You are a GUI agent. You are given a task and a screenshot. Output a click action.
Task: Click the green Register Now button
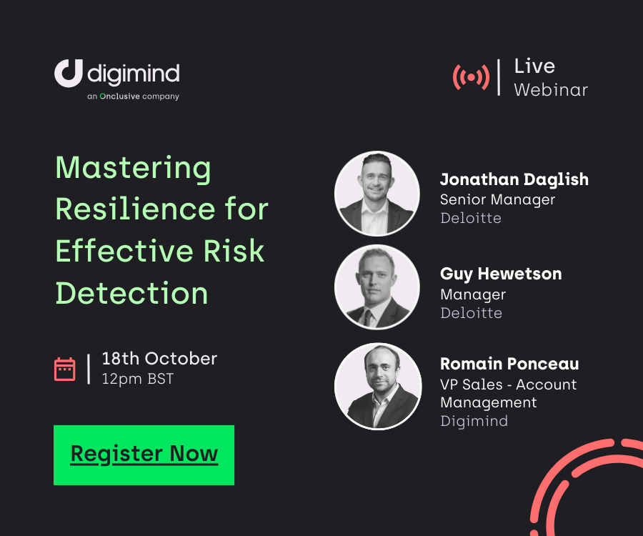pyautogui.click(x=144, y=455)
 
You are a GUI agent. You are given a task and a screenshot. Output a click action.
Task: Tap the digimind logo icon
pyautogui.click(x=69, y=74)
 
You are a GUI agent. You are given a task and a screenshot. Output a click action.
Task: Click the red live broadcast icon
pyautogui.click(x=471, y=77)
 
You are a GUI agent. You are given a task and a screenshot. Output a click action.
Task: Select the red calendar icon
pyautogui.click(x=65, y=369)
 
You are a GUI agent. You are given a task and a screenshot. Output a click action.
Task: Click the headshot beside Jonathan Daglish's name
pyautogui.click(x=377, y=193)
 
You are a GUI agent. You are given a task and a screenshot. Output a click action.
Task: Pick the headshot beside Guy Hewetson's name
pyautogui.click(x=377, y=287)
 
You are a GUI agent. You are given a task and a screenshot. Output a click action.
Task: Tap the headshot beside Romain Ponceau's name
pyautogui.click(x=377, y=386)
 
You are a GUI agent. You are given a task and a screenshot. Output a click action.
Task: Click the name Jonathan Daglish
pyautogui.click(x=514, y=179)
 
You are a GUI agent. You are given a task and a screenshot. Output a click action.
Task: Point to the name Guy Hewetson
pyautogui.click(x=501, y=274)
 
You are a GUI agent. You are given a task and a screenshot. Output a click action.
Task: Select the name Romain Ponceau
pyautogui.click(x=509, y=364)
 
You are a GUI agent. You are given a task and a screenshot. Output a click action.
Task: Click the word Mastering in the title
pyautogui.click(x=133, y=169)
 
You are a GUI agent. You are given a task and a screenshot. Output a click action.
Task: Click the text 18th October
pyautogui.click(x=159, y=358)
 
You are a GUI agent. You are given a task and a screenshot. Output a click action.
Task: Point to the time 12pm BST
pyautogui.click(x=137, y=379)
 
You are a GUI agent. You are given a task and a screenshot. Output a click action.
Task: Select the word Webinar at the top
pyautogui.click(x=551, y=90)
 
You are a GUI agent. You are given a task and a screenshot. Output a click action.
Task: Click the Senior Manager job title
pyautogui.click(x=497, y=199)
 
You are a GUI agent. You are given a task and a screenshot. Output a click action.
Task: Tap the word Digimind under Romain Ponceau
pyautogui.click(x=474, y=421)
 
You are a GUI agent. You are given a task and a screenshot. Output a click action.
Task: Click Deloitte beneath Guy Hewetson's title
pyautogui.click(x=471, y=313)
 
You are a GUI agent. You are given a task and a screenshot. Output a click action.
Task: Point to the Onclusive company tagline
pyautogui.click(x=133, y=96)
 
